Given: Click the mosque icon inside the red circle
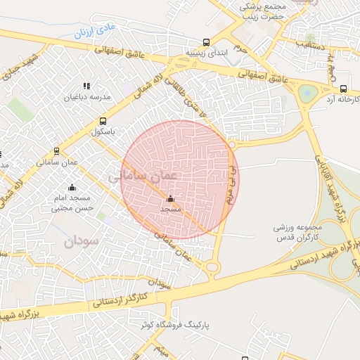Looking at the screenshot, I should (170, 199).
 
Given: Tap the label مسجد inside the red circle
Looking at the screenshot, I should (170, 210).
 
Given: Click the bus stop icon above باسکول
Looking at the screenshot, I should (103, 121).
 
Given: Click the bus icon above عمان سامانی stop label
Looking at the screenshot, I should (57, 150).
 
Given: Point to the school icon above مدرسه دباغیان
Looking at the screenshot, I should (86, 86).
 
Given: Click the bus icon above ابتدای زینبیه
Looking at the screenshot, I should (205, 42).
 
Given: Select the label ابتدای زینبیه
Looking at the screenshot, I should (205, 53).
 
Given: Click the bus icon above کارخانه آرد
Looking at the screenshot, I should (343, 89).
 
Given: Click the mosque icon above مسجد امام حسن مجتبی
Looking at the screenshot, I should (71, 188).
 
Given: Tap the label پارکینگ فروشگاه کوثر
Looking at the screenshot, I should (220, 325).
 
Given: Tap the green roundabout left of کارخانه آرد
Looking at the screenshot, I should (307, 93).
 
